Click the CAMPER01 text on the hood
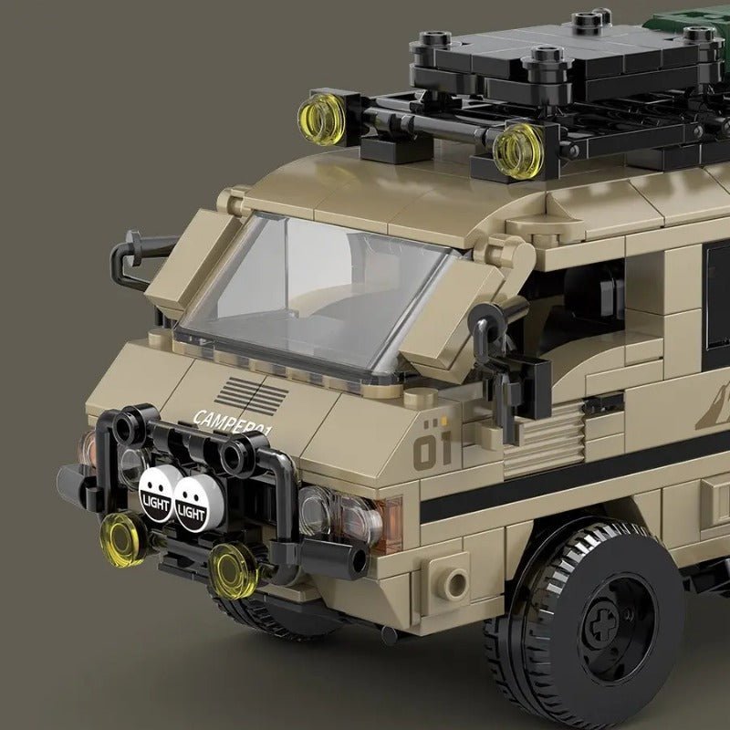[x=234, y=422]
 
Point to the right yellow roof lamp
[x=517, y=149]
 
